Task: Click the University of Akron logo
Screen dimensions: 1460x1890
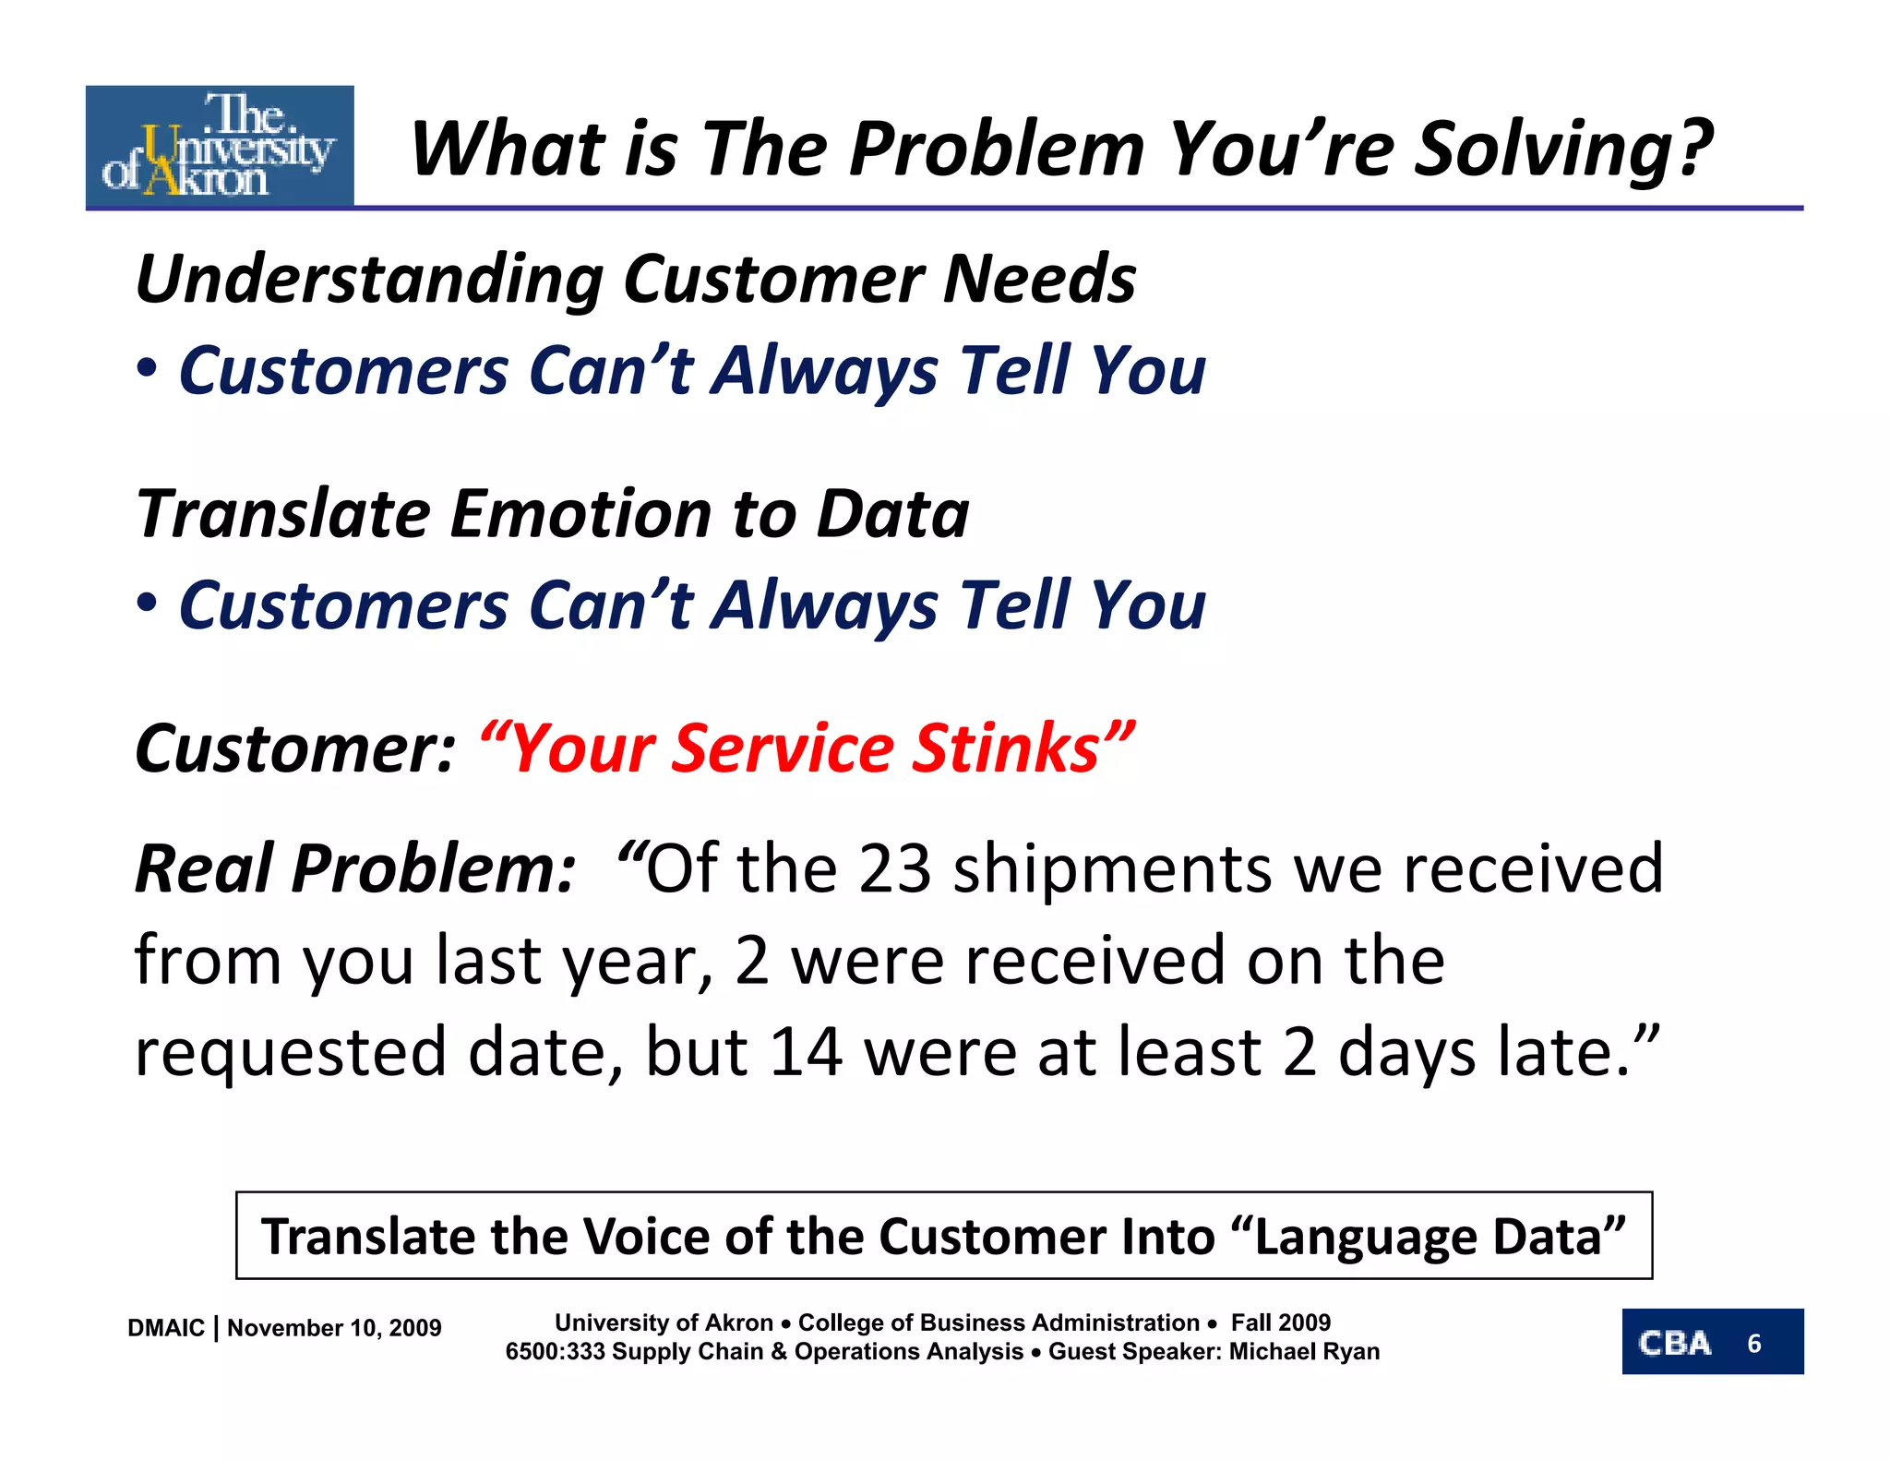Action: tap(220, 146)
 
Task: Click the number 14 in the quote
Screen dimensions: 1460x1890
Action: tap(806, 1052)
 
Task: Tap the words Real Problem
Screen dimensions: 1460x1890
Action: tap(355, 869)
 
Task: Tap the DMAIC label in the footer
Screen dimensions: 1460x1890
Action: tap(166, 1328)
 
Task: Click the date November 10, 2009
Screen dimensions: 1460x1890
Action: tap(334, 1328)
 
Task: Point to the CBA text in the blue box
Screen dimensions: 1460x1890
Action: tap(1674, 1343)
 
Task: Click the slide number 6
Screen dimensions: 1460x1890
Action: tap(1753, 1344)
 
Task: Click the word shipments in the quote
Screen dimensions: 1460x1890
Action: tap(1112, 869)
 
